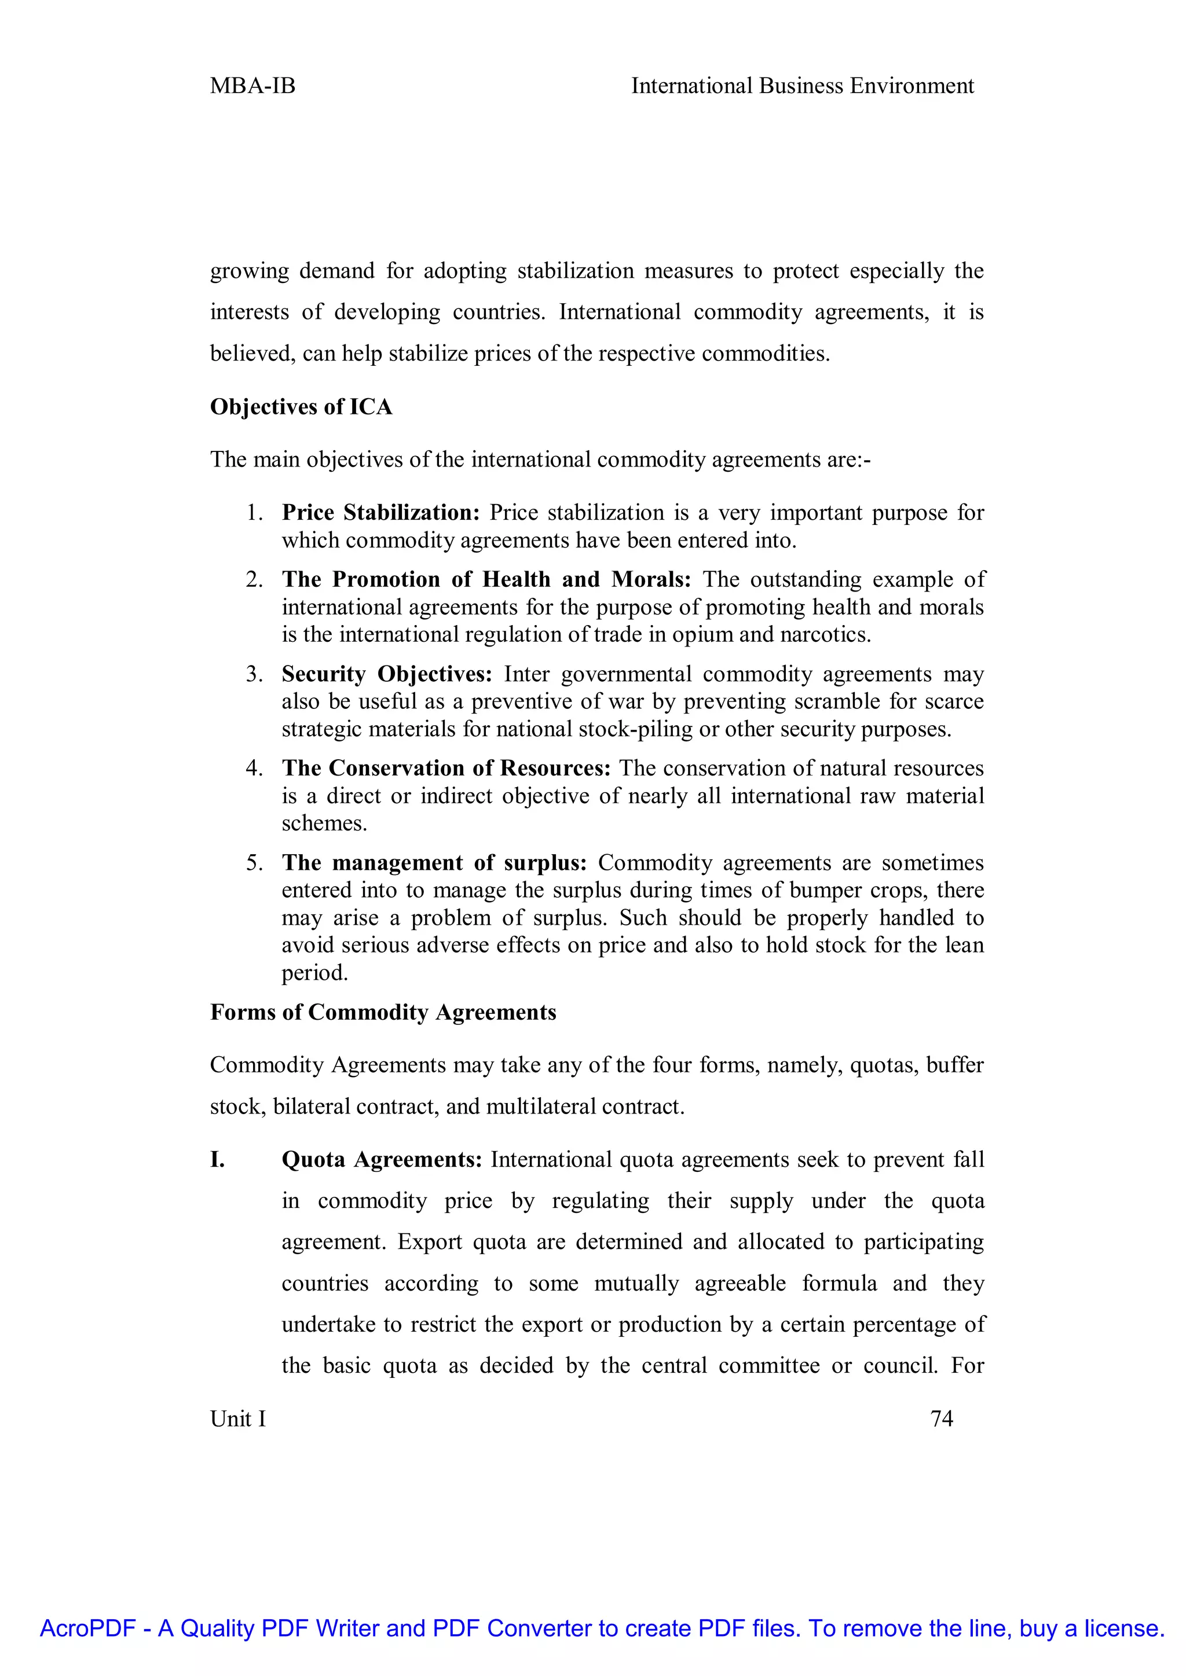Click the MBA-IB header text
(252, 86)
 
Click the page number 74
(942, 1418)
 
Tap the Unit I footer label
(237, 1418)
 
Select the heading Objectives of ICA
(301, 407)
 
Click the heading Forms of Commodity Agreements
(383, 1012)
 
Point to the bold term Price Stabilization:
(380, 512)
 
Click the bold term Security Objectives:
(387, 674)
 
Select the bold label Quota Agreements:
(381, 1160)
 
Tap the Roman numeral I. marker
(218, 1160)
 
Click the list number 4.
(254, 768)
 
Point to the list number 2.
(254, 579)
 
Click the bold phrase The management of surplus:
(434, 863)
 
